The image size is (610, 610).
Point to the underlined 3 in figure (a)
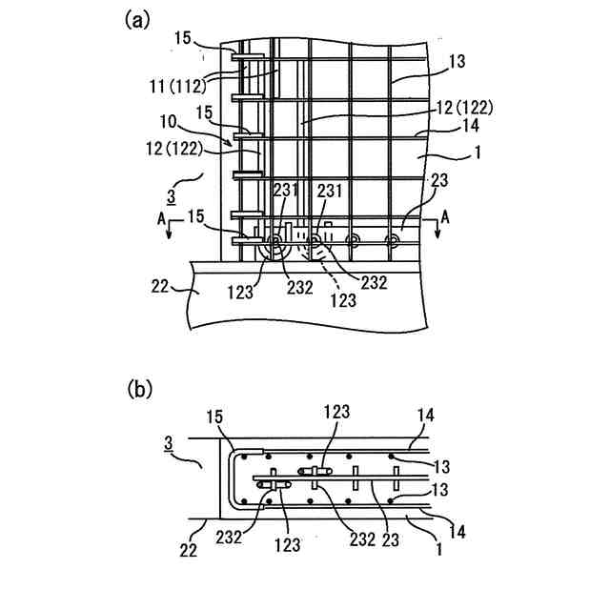[x=171, y=196]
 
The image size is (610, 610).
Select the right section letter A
[x=444, y=218]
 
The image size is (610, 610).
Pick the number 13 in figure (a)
[x=457, y=61]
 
